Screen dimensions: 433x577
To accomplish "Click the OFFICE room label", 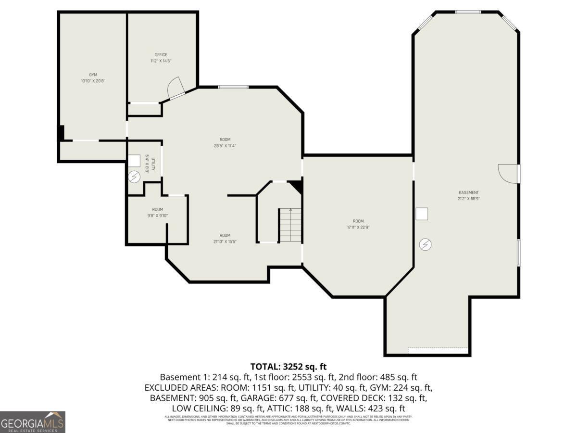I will [x=161, y=55].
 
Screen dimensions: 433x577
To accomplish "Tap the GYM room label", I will [x=93, y=75].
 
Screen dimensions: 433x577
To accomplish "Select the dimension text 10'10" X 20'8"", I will [x=93, y=81].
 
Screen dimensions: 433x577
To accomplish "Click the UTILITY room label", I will [x=153, y=165].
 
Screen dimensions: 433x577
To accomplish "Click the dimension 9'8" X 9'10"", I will [x=158, y=216].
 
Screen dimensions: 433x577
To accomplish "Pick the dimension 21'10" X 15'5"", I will [x=225, y=242].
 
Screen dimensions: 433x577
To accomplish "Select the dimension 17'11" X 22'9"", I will [x=358, y=227].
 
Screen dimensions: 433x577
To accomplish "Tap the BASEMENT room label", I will [x=468, y=192].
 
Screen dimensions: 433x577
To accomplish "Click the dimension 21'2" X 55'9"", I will [x=468, y=199].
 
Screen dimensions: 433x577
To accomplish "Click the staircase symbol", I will [x=290, y=225].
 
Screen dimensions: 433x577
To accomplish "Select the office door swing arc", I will [x=175, y=87].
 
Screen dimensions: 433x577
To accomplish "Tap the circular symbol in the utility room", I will [x=134, y=178].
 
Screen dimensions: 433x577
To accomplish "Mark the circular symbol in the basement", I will [x=425, y=244].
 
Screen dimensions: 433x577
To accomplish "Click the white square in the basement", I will [x=422, y=214].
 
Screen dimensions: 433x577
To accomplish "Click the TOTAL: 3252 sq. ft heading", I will [x=288, y=367].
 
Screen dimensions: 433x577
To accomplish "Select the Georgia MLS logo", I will [x=32, y=422].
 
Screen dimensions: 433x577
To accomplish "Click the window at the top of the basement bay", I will [x=467, y=12].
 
